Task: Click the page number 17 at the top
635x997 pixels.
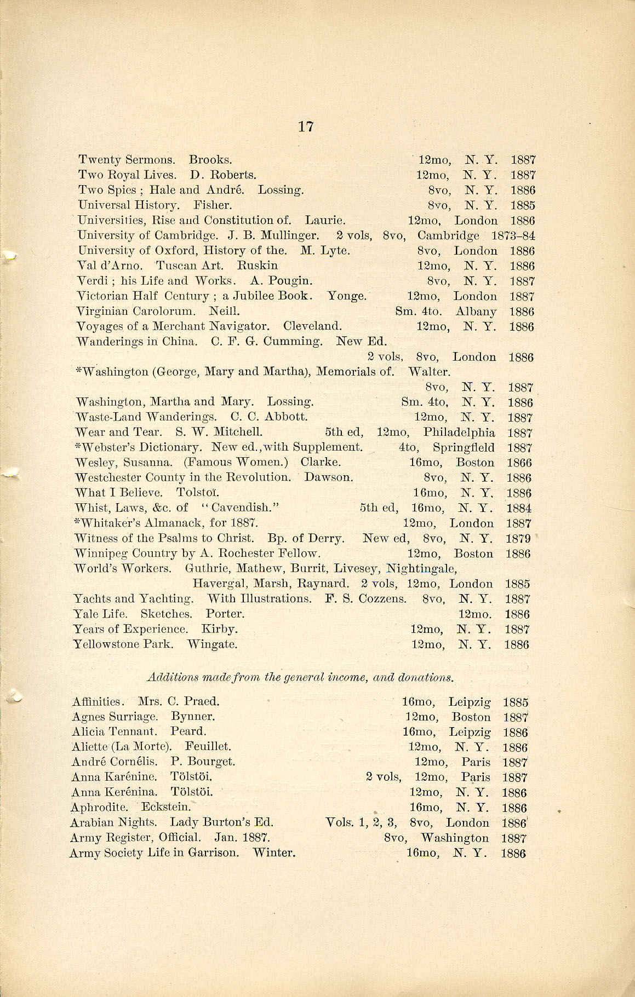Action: point(306,127)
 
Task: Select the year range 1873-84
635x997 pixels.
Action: point(513,236)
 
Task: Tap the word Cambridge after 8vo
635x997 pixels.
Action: point(448,236)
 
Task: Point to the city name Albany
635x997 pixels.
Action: point(476,312)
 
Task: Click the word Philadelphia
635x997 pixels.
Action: point(459,433)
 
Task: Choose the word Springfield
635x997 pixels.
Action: point(464,448)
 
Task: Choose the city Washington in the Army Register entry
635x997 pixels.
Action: point(454,838)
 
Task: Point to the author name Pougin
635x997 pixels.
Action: point(288,281)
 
